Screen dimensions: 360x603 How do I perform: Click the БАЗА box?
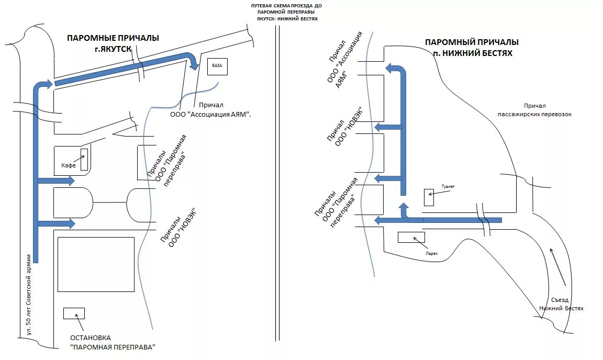click(x=217, y=66)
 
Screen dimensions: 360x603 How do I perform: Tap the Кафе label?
click(x=69, y=165)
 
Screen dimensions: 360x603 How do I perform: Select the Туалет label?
click(x=448, y=186)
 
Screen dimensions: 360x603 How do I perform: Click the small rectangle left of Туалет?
click(x=428, y=197)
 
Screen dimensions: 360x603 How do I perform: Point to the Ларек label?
click(x=431, y=253)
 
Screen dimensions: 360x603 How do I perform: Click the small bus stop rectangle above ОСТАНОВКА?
click(x=74, y=313)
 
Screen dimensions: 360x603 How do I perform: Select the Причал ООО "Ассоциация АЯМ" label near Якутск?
click(x=210, y=109)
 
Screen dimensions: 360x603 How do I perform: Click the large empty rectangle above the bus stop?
click(x=96, y=264)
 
